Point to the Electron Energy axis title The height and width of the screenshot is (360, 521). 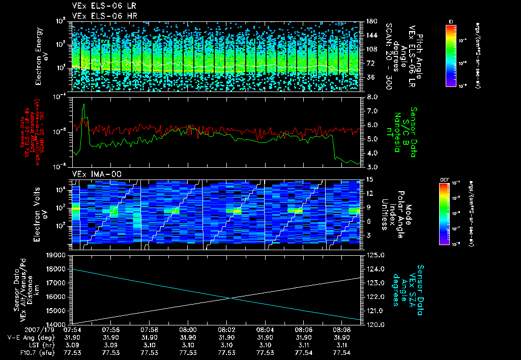point(40,56)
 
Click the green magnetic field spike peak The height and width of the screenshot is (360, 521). point(84,105)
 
